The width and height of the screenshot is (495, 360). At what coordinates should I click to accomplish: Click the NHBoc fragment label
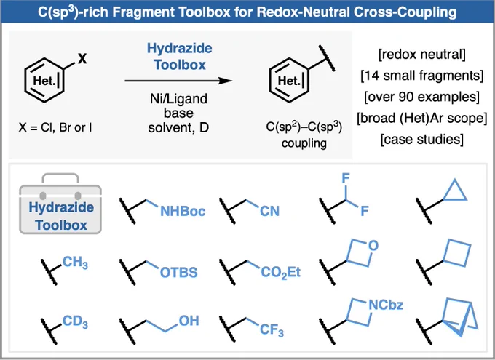183,211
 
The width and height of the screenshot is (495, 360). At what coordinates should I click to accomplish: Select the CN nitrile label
269,211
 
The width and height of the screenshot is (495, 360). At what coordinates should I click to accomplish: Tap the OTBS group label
178,272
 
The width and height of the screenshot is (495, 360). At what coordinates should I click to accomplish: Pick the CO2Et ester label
281,272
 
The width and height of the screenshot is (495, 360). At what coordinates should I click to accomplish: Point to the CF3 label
272,330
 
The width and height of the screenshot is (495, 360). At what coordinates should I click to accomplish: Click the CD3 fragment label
75,321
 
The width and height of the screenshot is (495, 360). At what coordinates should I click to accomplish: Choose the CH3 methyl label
75,263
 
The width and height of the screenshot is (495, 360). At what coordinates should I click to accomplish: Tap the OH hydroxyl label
189,321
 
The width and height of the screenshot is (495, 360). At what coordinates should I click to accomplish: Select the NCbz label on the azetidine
386,305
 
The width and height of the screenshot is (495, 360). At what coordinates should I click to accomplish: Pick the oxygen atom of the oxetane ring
373,246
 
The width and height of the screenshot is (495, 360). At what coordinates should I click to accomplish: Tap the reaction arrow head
226,81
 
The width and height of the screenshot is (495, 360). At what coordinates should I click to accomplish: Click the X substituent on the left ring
82,58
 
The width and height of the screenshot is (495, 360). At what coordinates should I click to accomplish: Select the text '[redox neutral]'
421,55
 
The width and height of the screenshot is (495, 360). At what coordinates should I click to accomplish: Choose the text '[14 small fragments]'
421,76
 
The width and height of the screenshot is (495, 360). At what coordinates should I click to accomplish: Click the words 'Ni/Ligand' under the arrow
178,99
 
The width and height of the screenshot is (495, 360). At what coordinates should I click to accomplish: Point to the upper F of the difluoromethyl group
346,179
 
